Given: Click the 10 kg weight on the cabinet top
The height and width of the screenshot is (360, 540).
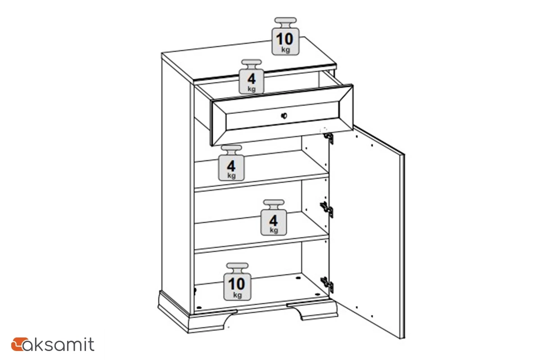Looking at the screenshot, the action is [x=285, y=36].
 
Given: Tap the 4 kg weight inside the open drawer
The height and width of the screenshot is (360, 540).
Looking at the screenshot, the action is [x=252, y=76].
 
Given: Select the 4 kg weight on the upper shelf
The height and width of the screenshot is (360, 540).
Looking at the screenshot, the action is [x=231, y=163].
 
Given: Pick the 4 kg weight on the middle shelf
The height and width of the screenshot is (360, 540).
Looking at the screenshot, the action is [x=274, y=217].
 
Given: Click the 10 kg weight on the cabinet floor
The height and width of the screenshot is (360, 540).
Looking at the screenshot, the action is [x=237, y=282].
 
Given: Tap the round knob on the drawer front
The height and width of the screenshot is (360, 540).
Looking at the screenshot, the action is [x=284, y=116].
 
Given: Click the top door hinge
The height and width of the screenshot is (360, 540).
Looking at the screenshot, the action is [x=329, y=138].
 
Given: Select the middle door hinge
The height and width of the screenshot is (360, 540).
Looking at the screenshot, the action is [x=327, y=210].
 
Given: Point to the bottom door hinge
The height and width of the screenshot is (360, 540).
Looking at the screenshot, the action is [x=327, y=285].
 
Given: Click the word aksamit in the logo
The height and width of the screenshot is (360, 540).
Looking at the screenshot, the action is [x=58, y=344].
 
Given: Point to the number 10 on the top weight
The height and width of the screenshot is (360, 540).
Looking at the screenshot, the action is [x=285, y=39].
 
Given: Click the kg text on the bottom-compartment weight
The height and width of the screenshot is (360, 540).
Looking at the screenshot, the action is [x=238, y=295].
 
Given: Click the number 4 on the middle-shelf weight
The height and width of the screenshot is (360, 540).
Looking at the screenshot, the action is [x=274, y=220].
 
